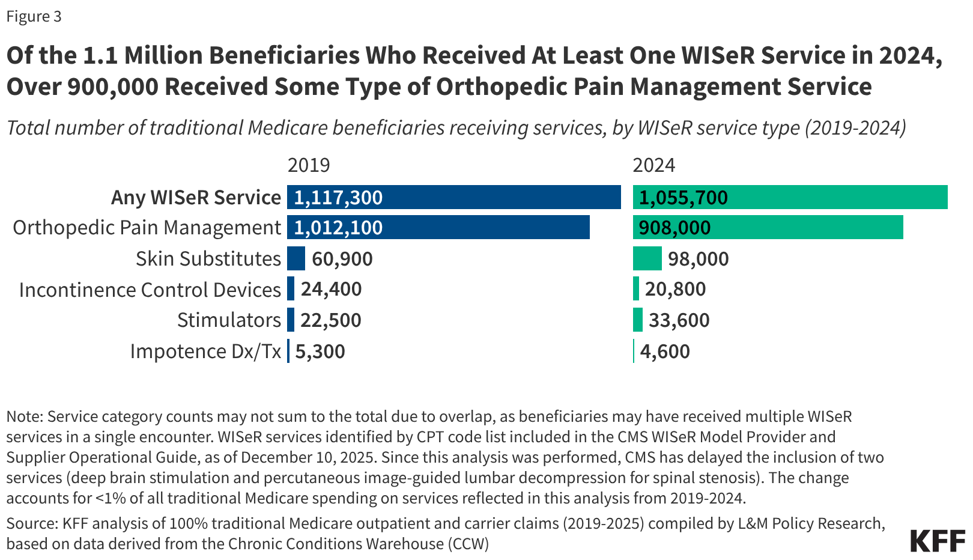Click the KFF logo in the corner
(937, 541)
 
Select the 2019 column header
(309, 165)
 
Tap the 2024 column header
(654, 165)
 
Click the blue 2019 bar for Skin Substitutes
(296, 258)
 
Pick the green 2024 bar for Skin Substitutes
(647, 258)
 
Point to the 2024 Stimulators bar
(638, 320)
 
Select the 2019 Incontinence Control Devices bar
(291, 289)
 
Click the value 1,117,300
(338, 198)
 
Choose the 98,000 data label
(699, 259)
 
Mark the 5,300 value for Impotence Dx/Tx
(320, 352)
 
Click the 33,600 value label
(679, 320)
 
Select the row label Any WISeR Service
(196, 198)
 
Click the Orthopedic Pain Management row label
(147, 228)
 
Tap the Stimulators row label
(229, 320)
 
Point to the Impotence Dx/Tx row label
(205, 352)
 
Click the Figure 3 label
(34, 16)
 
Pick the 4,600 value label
(665, 352)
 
